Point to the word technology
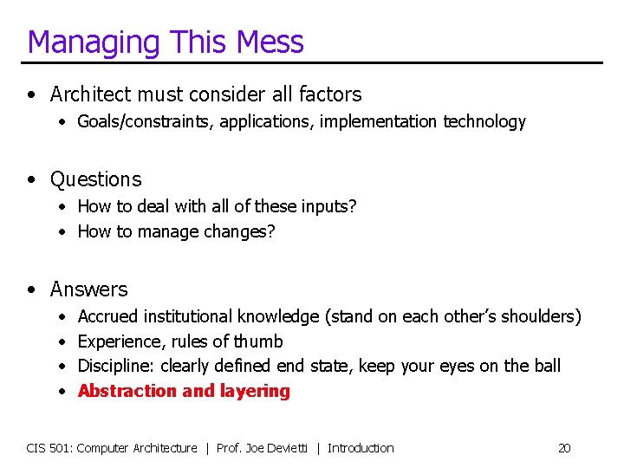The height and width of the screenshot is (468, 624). click(484, 122)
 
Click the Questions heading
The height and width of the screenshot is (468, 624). click(95, 179)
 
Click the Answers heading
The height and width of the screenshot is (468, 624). click(88, 289)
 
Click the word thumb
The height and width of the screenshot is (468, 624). click(259, 341)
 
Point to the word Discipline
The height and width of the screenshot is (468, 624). click(116, 367)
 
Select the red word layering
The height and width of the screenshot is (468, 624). click(257, 392)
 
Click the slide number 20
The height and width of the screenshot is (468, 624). click(564, 448)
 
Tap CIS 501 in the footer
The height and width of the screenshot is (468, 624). click(49, 448)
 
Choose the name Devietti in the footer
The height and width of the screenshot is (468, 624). click(287, 448)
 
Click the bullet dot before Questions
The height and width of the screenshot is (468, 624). click(32, 180)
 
